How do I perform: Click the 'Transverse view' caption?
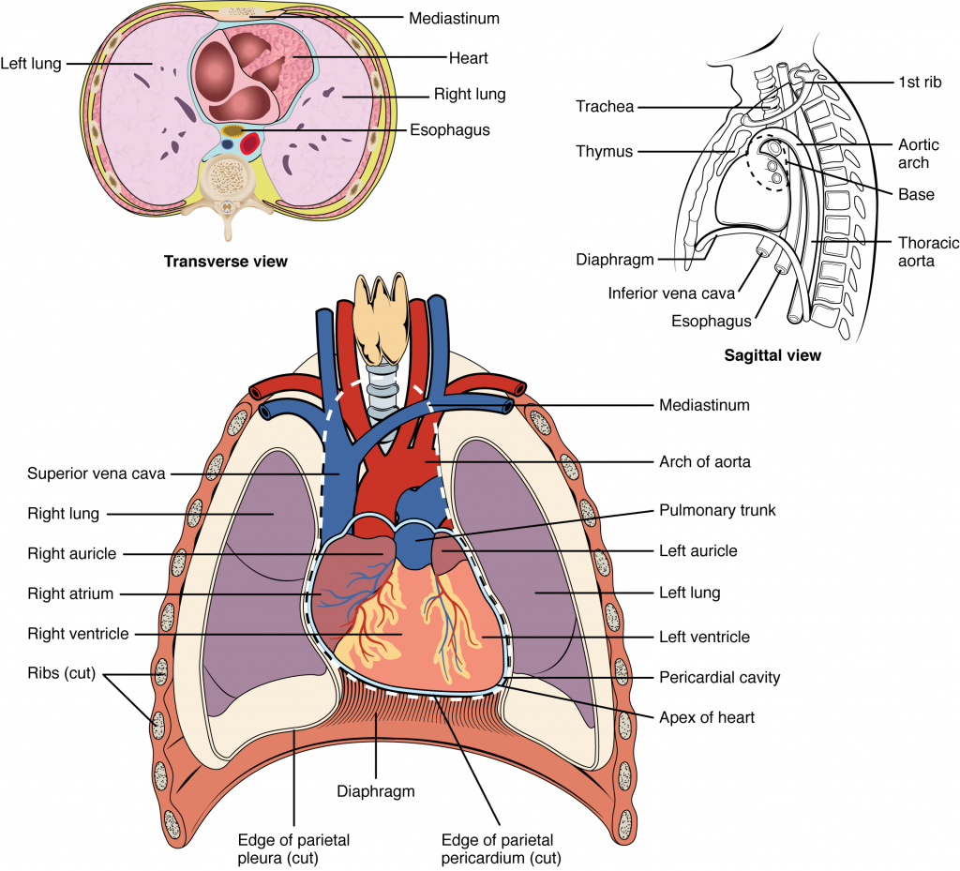226,262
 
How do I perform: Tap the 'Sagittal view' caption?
773,355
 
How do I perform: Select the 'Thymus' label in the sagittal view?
606,151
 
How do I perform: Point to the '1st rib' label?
919,83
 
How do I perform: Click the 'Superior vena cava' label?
97,473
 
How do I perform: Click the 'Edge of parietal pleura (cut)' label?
293,848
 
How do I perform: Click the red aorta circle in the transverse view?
250,144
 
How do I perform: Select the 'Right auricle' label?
71,553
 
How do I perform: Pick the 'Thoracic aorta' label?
927,251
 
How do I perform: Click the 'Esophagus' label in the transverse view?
449,130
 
